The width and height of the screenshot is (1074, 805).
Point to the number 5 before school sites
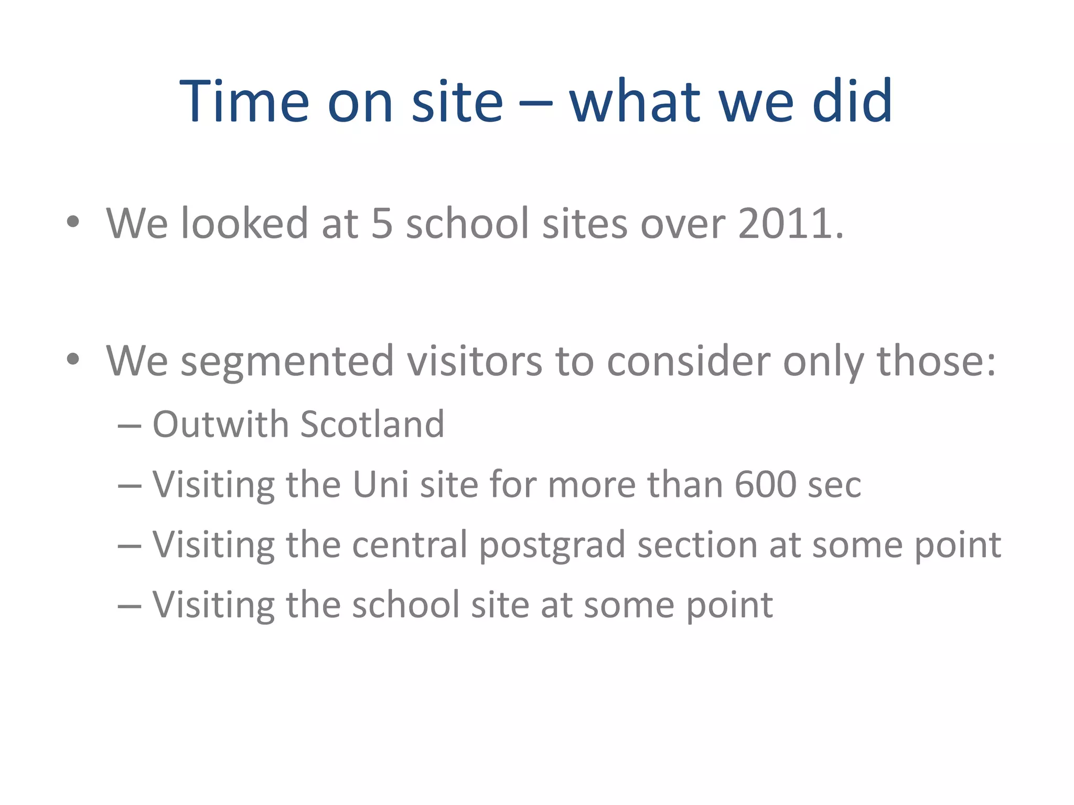coord(382,224)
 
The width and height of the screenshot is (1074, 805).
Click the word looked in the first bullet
coord(244,224)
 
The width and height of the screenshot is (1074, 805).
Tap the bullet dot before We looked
coord(73,222)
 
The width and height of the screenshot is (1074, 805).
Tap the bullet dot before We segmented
coord(73,360)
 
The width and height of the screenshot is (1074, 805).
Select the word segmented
coord(287,362)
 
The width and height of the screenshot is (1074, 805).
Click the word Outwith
coord(220,424)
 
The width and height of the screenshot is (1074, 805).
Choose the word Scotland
coord(372,424)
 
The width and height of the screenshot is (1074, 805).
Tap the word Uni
coord(380,484)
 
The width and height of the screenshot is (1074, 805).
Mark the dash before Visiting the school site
coord(130,606)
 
